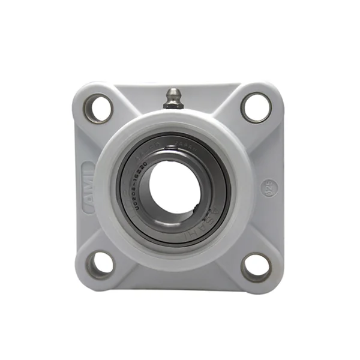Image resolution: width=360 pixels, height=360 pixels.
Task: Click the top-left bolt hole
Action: coord(98,109)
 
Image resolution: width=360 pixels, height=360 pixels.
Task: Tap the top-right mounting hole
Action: coord(256,107)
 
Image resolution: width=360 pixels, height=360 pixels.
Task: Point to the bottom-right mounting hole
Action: coord(256,265)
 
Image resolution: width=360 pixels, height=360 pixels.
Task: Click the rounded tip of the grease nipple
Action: coord(173,92)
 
